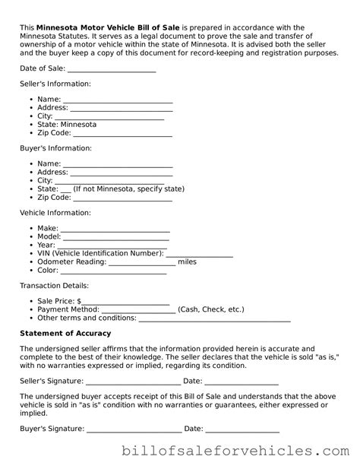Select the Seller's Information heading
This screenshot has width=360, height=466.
55,84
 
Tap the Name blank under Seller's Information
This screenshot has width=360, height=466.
118,99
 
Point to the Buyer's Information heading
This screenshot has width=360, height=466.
55,148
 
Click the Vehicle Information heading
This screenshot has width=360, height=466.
55,213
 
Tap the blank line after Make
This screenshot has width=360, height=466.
115,229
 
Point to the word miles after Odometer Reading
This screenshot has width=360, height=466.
187,262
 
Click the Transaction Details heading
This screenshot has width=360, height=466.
54,286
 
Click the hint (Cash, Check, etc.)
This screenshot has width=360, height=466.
210,310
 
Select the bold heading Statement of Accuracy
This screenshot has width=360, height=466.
65,334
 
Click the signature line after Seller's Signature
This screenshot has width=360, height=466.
132,382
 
